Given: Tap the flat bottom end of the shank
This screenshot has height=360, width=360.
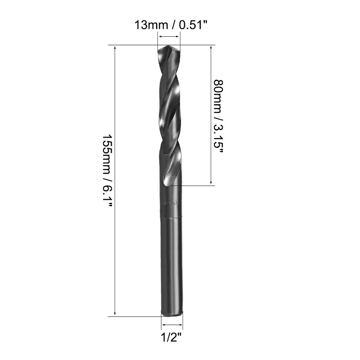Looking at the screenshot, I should click(172, 315).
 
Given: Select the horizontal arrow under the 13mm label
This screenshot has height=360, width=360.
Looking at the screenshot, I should click(169, 37).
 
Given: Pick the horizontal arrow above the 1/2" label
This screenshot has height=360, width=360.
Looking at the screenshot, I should click(172, 325).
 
